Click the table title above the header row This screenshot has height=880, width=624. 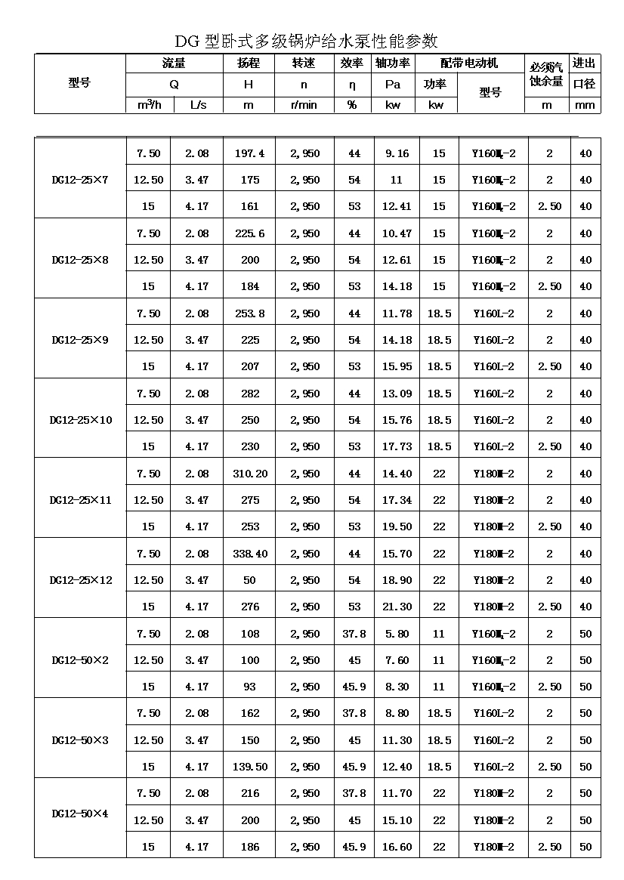point(306,41)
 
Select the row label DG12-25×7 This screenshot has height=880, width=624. point(80,181)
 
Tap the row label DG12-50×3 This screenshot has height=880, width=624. point(80,740)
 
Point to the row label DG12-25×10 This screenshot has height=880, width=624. point(80,420)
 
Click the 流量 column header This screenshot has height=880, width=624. point(174,63)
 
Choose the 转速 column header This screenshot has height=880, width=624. point(304,63)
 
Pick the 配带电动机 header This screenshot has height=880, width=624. point(469,63)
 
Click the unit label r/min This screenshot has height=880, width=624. point(304,105)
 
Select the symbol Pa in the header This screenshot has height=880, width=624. point(393,85)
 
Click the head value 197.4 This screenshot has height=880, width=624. point(249,154)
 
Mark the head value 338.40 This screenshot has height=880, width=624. point(249,554)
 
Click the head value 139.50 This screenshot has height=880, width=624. point(249,767)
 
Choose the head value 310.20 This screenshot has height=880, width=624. point(249,474)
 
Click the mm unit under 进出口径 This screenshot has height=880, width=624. point(585,105)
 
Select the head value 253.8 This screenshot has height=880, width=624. point(249,313)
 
